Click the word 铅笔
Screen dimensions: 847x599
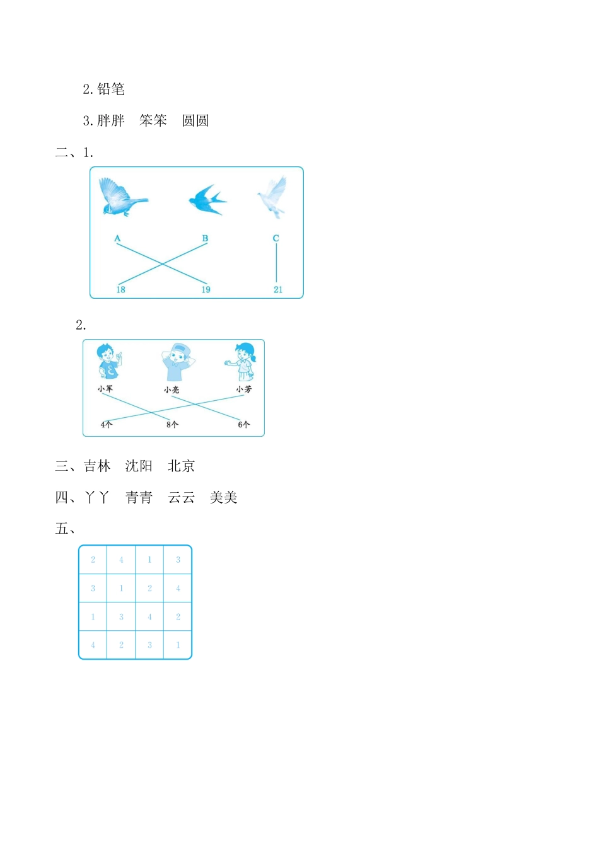tap(111, 89)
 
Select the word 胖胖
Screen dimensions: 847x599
tap(111, 120)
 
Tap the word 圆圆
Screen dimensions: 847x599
tap(195, 120)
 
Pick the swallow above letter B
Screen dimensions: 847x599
tap(207, 199)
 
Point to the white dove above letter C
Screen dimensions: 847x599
tap(273, 196)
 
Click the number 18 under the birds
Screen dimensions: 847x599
tap(120, 290)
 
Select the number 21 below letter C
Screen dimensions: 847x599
tap(278, 290)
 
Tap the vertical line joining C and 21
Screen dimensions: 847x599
tap(276, 263)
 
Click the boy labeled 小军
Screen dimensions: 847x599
tap(108, 362)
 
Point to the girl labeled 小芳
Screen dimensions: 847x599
tap(243, 362)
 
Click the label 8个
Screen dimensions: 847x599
tap(172, 425)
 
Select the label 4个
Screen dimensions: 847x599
tap(106, 425)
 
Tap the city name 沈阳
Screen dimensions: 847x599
tap(139, 466)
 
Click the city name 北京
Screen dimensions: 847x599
tap(181, 466)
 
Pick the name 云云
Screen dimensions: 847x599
tap(182, 498)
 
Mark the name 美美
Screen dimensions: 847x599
tap(223, 498)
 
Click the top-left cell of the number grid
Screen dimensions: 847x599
tap(93, 560)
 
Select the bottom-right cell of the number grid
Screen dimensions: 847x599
tap(178, 645)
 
